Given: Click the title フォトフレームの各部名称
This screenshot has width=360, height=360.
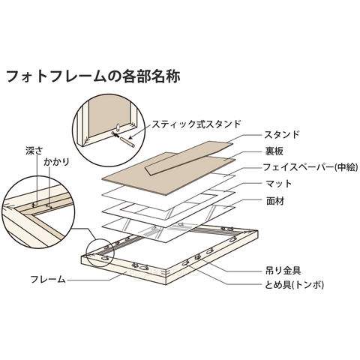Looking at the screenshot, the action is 92,76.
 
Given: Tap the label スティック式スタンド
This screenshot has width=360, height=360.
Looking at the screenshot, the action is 196,124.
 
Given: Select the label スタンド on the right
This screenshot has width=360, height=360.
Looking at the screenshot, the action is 282,135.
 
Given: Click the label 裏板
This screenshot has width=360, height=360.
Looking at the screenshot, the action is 274,151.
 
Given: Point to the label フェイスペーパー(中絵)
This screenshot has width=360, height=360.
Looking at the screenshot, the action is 310,167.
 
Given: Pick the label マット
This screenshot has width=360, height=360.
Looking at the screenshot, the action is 279,184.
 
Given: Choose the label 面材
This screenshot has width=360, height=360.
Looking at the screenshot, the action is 274,201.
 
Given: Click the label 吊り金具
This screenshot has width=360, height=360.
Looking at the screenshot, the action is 283,271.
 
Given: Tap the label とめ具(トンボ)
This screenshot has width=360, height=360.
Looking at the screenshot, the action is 294,284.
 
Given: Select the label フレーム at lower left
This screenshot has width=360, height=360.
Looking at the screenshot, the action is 48,279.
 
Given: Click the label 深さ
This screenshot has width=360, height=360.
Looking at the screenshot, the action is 34,151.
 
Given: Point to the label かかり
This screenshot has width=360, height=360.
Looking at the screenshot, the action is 56,162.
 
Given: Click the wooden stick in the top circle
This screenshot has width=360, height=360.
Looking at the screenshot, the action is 127,142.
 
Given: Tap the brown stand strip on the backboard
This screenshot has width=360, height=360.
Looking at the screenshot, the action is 189,157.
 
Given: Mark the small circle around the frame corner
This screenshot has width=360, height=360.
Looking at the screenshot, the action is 100,253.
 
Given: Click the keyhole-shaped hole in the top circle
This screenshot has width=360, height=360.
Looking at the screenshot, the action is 118,126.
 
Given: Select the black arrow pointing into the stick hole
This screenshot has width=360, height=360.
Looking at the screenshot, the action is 115,135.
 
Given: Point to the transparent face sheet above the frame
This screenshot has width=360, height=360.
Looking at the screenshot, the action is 168,222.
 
